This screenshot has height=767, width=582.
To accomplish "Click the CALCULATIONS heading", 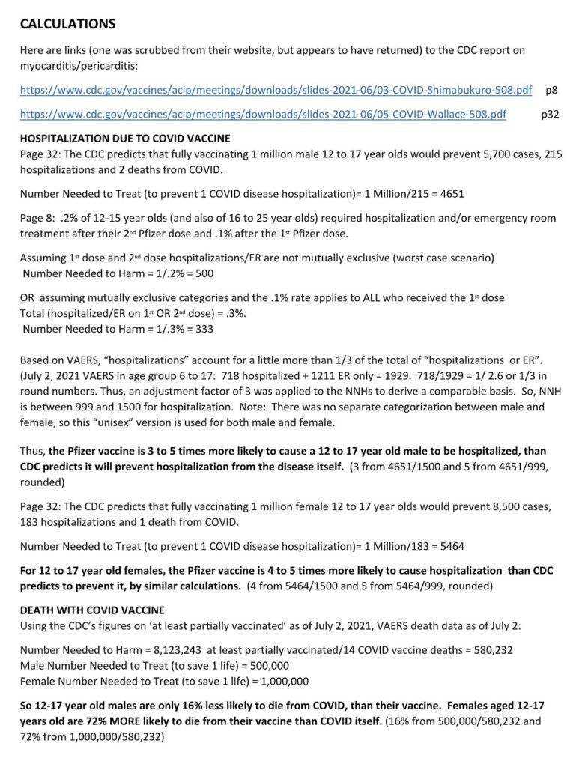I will tap(67, 24).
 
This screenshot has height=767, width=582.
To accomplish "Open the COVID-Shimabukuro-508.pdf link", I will tap(276, 91).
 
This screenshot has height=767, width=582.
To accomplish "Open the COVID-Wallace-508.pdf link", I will tap(262, 115).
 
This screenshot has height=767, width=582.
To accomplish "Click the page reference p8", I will tap(551, 91).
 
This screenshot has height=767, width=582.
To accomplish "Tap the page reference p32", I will tap(550, 115).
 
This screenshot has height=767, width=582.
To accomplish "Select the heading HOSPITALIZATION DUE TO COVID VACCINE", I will tap(125, 139).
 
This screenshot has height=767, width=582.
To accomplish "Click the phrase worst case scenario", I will tap(443, 258).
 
